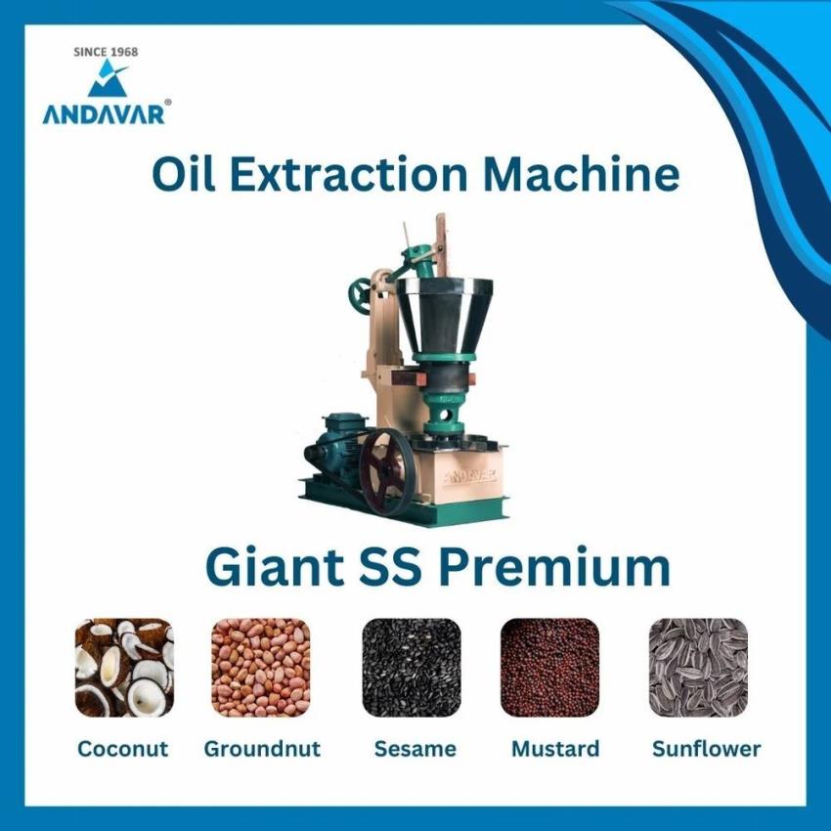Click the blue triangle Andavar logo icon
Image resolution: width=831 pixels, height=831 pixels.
pos(108,78)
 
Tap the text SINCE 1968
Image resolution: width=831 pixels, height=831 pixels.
pos(106,52)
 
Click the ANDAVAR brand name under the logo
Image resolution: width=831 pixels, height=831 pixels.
pos(104,114)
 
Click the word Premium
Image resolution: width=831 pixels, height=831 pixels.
pos(555,568)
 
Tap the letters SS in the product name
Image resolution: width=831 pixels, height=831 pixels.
pos(391,568)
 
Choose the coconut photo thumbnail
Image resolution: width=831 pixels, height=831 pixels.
pos(124,667)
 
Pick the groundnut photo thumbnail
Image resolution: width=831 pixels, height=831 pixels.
pos(261,667)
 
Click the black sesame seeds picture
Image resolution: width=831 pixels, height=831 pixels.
pos(412,667)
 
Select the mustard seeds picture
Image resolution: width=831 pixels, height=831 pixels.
pos(549,667)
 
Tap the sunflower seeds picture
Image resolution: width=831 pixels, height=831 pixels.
pos(698,667)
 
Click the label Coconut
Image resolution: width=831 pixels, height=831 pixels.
pos(122,749)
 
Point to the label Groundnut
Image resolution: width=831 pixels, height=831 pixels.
pos(262,749)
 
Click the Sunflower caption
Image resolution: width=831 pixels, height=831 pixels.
pos(707,749)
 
